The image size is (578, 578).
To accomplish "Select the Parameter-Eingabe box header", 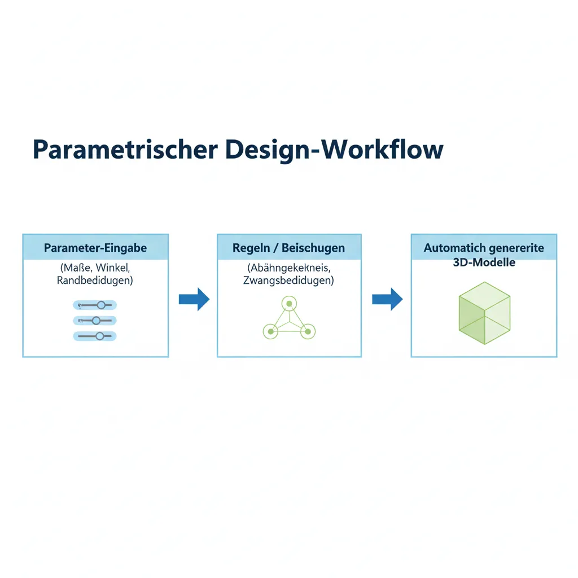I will coord(95,248).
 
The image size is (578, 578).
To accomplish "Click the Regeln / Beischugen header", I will coord(289,248).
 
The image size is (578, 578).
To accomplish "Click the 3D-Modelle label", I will coord(484,262).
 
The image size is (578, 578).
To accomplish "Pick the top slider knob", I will coord(102,305).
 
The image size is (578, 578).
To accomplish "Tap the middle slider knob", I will coord(96,321).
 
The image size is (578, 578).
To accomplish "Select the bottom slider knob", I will coord(100,336).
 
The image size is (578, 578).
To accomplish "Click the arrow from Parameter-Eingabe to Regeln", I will coord(194,299).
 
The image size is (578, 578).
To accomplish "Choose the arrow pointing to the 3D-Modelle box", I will coord(387,299).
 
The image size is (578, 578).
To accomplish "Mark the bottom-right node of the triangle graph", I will coord(308,331).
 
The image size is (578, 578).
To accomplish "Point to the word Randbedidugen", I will coord(95,281).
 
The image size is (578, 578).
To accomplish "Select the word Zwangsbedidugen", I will coord(289,281).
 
